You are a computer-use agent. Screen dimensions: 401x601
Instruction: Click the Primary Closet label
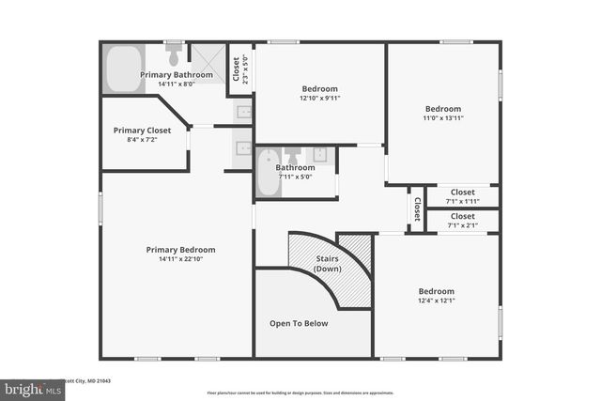point(142,131)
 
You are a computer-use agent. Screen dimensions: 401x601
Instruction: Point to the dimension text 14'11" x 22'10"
point(180,259)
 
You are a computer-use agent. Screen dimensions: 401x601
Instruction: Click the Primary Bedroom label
point(180,250)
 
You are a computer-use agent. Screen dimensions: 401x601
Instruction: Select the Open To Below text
point(299,323)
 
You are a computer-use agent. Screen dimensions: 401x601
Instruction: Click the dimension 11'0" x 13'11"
point(442,117)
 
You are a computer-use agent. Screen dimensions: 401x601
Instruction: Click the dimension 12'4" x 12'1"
point(436,301)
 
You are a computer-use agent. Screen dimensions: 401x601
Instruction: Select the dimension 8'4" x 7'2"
point(142,140)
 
